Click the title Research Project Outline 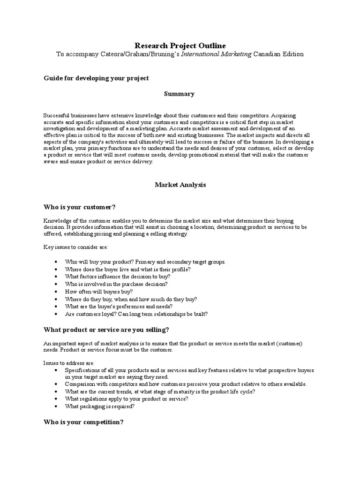coord(180,45)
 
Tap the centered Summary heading coord(179,94)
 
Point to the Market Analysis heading coord(180,185)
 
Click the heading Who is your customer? coord(79,207)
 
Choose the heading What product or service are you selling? coord(106,330)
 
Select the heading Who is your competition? coord(83,422)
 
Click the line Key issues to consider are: coord(75,247)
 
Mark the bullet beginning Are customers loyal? coord(136,314)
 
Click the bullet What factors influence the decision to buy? coord(118,277)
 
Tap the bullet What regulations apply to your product coord(127,399)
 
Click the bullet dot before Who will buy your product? coord(56,262)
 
